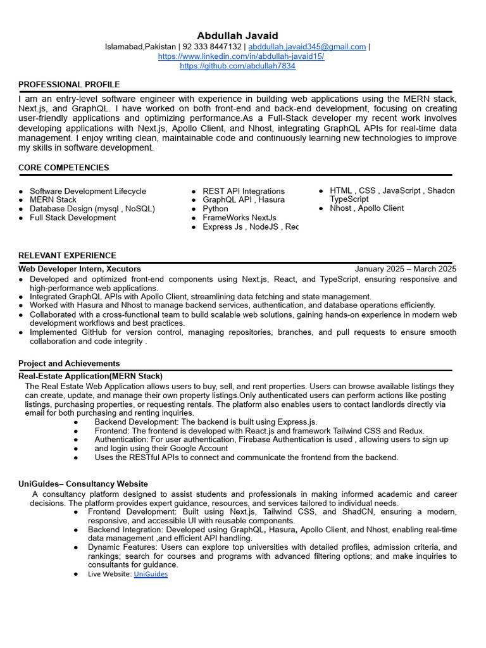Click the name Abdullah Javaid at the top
237,35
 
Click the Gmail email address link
307,47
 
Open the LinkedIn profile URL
241,56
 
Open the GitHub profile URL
237,66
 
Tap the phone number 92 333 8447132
213,47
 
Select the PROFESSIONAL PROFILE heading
69,84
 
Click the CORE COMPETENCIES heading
63,168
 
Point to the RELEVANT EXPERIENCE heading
67,256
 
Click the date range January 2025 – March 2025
405,269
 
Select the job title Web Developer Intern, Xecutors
80,269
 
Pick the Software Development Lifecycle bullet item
87,191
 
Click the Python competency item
215,209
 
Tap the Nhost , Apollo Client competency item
366,208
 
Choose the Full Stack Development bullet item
73,218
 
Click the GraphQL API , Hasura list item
243,200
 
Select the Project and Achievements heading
69,363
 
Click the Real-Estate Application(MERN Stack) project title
90,376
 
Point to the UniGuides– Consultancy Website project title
83,484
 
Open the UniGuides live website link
151,574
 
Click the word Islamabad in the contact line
124,47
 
